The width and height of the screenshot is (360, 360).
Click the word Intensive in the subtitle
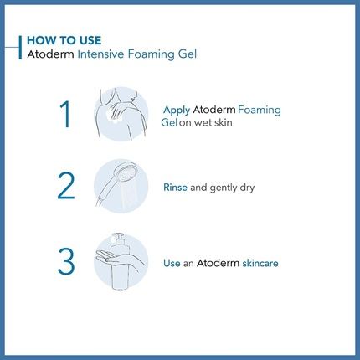click(106, 54)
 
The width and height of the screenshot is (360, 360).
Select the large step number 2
click(66, 186)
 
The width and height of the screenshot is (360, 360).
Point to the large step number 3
click(66, 260)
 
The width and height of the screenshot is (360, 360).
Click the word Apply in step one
click(177, 110)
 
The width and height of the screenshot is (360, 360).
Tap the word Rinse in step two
click(176, 188)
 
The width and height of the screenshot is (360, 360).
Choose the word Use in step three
click(173, 263)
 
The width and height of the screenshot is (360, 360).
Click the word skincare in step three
click(260, 263)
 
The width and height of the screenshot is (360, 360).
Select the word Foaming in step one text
click(260, 110)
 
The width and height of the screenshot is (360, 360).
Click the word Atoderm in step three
click(219, 263)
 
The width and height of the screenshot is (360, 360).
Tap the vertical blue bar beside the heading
click(19, 47)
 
